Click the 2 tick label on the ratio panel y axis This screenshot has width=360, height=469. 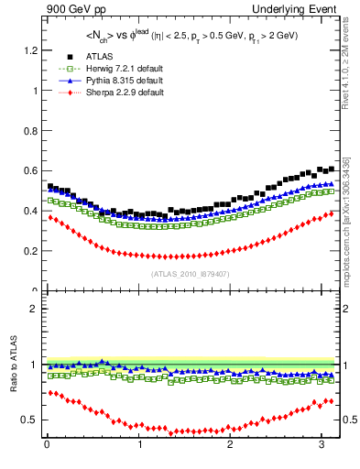(x=33, y=309)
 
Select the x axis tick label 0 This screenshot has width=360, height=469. (x=47, y=446)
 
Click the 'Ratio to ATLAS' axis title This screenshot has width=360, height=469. (x=12, y=365)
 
